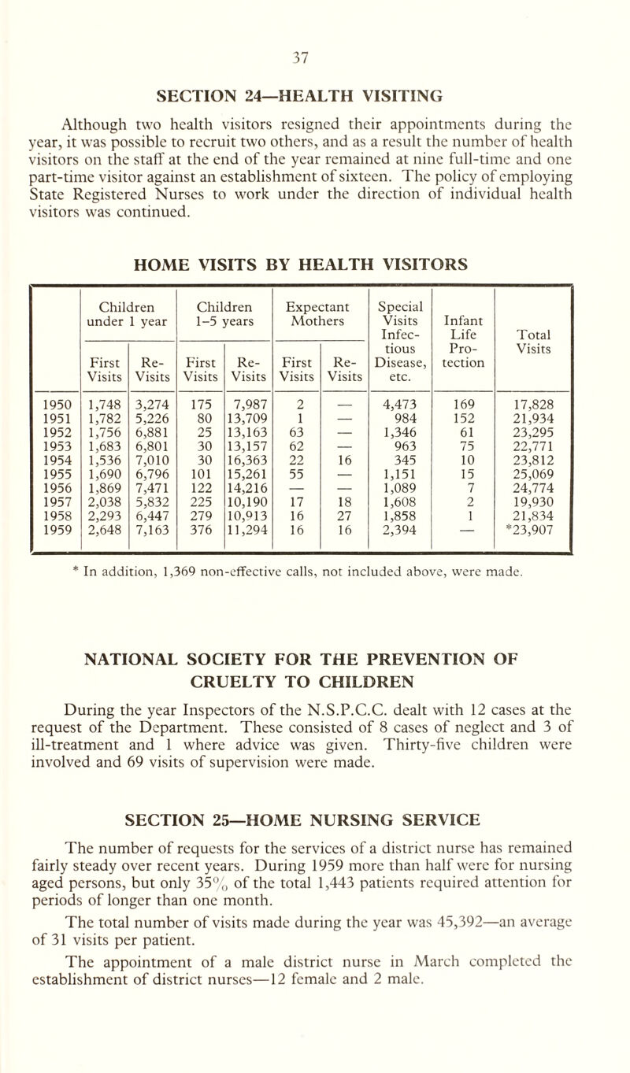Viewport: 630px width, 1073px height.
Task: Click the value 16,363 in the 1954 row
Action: [248, 466]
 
